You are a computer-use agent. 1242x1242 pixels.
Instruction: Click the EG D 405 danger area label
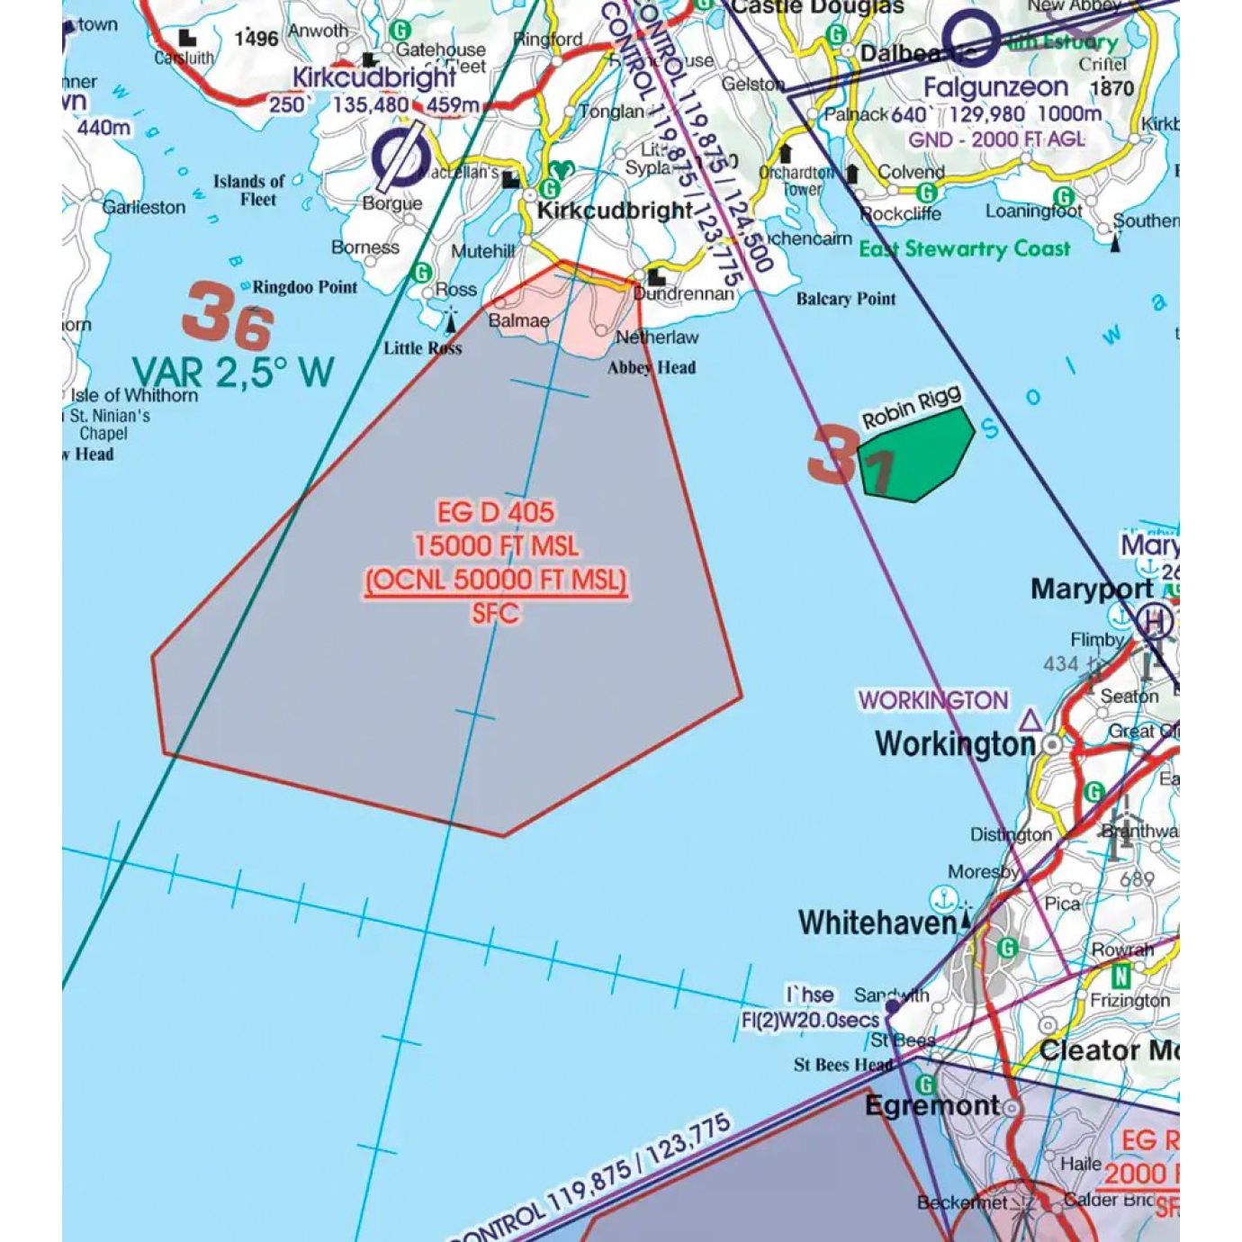click(x=496, y=512)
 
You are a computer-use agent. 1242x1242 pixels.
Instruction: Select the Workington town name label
click(x=955, y=744)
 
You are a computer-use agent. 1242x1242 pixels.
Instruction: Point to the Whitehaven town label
click(x=877, y=922)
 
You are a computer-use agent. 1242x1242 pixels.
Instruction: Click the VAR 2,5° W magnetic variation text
click(x=233, y=372)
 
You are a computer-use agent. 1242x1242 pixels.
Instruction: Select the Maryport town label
click(x=1091, y=589)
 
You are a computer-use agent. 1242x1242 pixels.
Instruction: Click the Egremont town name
click(x=931, y=1105)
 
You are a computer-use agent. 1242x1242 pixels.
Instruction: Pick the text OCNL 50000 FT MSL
click(x=496, y=580)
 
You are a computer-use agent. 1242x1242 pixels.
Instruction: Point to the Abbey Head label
click(x=651, y=367)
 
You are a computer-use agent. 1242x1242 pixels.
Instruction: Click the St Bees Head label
click(x=842, y=1065)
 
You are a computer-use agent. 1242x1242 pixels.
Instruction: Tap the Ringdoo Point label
click(x=304, y=287)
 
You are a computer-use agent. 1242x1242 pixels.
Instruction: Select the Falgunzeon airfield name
click(x=995, y=87)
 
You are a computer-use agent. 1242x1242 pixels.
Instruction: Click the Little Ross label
click(x=422, y=348)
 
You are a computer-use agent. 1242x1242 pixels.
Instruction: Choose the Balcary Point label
click(x=845, y=299)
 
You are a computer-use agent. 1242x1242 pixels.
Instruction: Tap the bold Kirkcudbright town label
click(x=615, y=211)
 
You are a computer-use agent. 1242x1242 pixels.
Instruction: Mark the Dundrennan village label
click(x=683, y=293)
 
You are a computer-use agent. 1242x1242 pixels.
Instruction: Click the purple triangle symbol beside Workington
click(x=1030, y=720)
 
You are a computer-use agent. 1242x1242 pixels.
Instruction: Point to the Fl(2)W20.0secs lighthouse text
click(x=809, y=1020)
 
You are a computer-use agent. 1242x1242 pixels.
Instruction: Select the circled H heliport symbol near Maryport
click(x=1153, y=622)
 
